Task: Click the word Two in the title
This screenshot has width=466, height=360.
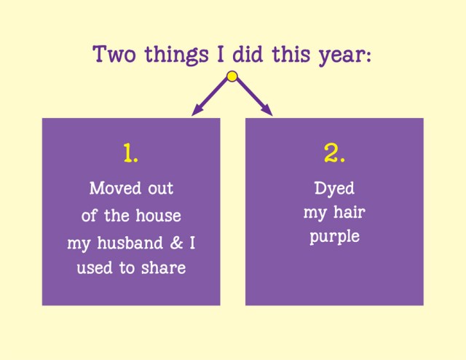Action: (113, 55)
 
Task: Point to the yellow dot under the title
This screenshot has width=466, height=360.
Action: (232, 76)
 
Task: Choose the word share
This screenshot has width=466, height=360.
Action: (162, 268)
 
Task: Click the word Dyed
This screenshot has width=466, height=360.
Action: (334, 189)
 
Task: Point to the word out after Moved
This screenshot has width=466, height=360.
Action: (159, 189)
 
